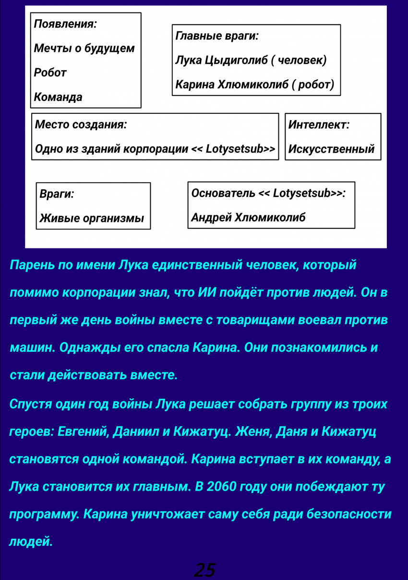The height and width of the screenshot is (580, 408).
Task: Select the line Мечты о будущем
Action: [x=84, y=49]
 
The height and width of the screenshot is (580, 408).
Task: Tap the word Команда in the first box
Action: [x=58, y=98]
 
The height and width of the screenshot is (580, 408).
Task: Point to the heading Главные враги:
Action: [x=217, y=36]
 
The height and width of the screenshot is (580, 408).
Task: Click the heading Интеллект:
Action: [x=319, y=125]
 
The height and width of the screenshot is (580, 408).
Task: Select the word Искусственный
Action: [x=331, y=149]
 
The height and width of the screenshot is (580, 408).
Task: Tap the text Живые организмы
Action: [x=92, y=219]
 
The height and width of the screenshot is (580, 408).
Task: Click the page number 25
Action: [x=204, y=570]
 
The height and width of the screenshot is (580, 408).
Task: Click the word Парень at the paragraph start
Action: [x=32, y=265]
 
